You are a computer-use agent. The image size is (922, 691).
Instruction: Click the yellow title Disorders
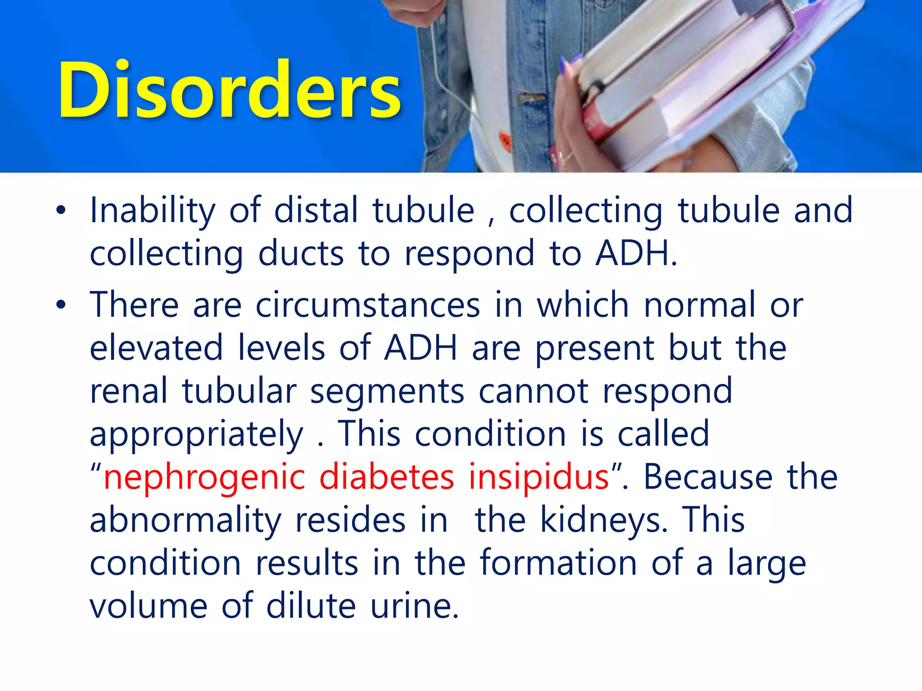tap(230, 90)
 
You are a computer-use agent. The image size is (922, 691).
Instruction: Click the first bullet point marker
tap(61, 210)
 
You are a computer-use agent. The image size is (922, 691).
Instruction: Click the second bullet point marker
tap(61, 305)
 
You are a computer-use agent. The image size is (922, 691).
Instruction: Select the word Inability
tap(153, 210)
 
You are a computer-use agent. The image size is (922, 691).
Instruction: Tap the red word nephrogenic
tap(204, 477)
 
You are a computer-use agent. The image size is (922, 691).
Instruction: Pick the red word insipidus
tap(539, 477)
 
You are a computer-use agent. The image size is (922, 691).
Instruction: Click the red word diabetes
tap(386, 477)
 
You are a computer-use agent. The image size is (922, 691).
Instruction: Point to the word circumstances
tap(368, 305)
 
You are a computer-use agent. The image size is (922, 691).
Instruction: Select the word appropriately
tap(197, 435)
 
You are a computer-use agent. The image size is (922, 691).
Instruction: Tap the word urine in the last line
tap(414, 606)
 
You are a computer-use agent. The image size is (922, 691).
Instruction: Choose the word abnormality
tap(185, 520)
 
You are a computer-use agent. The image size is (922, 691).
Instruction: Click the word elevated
tap(156, 348)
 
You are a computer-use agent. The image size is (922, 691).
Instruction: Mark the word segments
tap(387, 391)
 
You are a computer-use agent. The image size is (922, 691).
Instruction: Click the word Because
tap(708, 477)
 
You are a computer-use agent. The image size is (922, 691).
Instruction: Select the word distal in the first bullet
tap(316, 210)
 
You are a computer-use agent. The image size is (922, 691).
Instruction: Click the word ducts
tap(301, 253)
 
